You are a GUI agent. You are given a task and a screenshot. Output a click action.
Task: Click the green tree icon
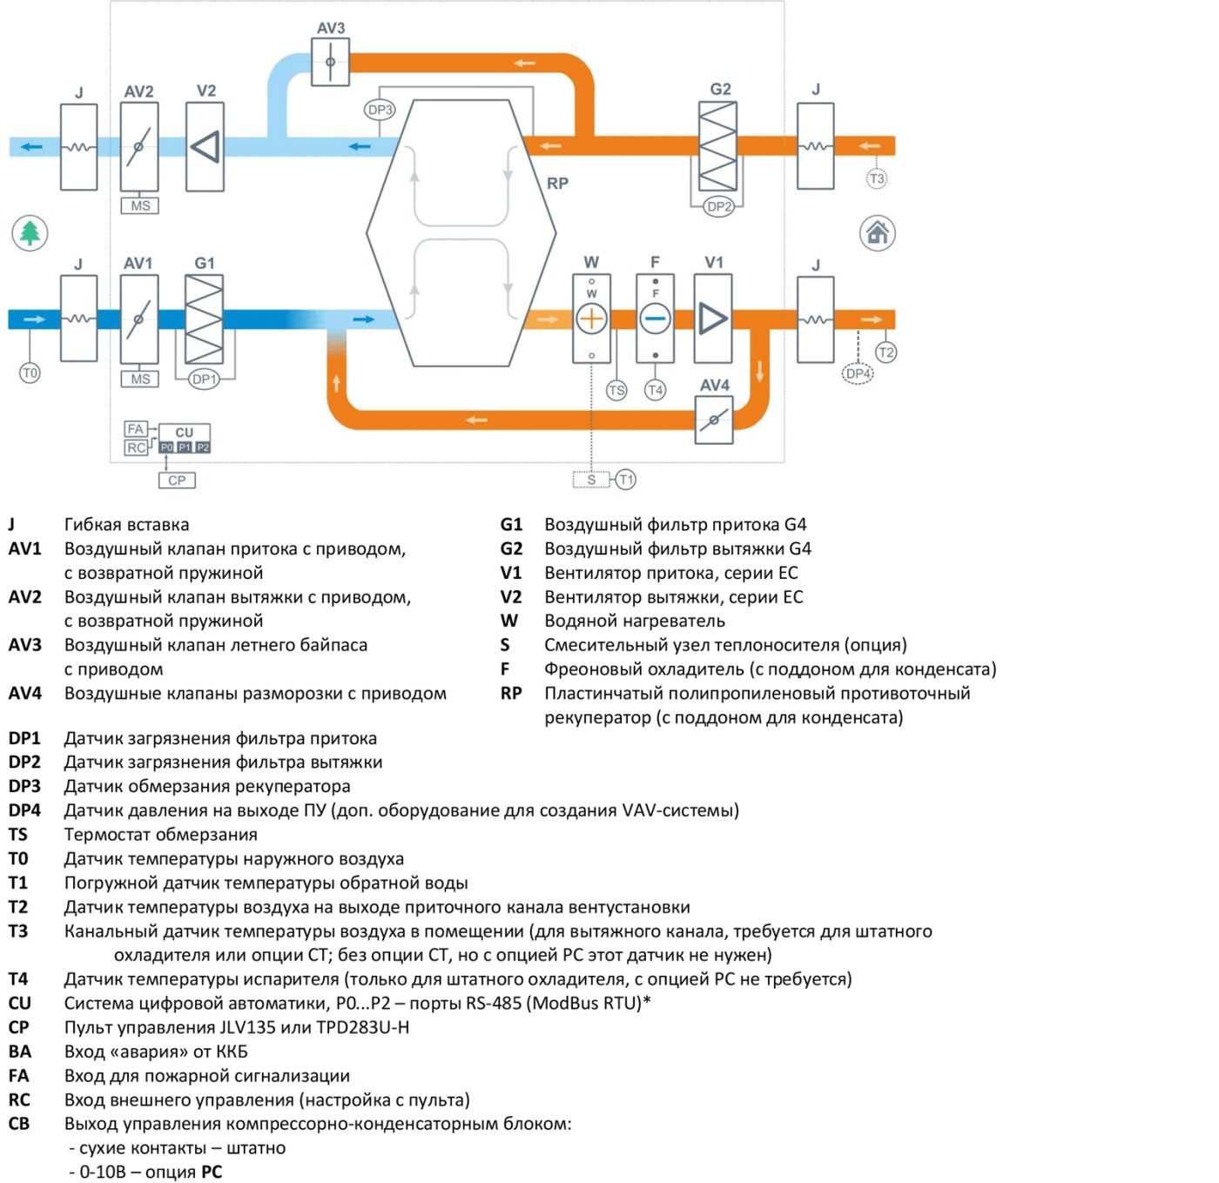30,233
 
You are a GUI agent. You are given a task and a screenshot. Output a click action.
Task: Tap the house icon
876,233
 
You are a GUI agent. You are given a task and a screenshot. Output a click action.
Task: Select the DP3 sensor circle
380,111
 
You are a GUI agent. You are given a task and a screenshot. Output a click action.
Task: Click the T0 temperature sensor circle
30,373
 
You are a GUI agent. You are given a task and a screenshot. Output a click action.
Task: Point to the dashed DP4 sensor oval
857,373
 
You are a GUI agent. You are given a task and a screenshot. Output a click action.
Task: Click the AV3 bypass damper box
330,62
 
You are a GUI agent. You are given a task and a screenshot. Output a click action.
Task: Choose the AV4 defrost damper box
713,420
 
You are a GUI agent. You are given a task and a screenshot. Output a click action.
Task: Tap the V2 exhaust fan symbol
205,146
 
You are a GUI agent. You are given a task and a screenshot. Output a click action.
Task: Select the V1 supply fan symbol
713,319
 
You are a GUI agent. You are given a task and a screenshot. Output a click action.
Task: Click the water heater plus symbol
590,319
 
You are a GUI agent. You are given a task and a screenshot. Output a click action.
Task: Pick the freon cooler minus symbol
655,319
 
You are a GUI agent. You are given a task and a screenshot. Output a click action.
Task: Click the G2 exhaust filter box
717,146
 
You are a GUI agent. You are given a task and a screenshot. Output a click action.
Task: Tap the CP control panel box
177,481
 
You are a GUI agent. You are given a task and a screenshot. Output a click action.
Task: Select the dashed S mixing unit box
590,480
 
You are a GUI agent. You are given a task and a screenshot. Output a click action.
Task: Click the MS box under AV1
139,379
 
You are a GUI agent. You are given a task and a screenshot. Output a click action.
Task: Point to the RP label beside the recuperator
557,184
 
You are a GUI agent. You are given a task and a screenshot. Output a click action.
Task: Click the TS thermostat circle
616,391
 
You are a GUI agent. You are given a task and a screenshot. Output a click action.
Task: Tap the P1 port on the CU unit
185,447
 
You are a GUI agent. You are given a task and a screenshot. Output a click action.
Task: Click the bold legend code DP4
24,810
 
